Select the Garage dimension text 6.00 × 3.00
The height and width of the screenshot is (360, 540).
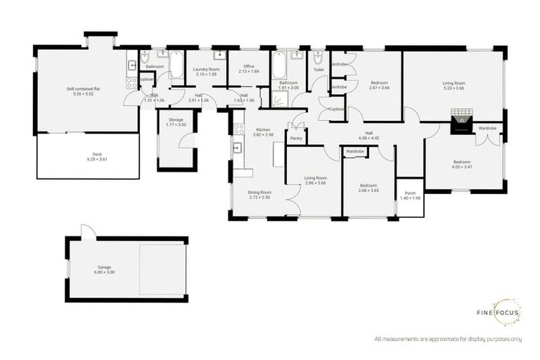pyautogui.click(x=105, y=273)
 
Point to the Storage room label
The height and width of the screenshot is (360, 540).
pyautogui.click(x=176, y=120)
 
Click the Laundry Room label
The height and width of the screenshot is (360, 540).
pyautogui.click(x=206, y=69)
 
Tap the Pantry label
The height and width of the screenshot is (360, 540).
pyautogui.click(x=296, y=139)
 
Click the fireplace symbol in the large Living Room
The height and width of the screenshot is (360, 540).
pyautogui.click(x=461, y=121)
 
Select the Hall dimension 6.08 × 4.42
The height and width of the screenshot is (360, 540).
pyautogui.click(x=369, y=139)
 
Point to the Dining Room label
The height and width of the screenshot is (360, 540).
pyautogui.click(x=259, y=192)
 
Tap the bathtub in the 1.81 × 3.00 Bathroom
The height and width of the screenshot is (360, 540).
pyautogui.click(x=279, y=65)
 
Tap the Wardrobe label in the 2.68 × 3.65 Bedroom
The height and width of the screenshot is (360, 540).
pyautogui.click(x=354, y=151)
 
